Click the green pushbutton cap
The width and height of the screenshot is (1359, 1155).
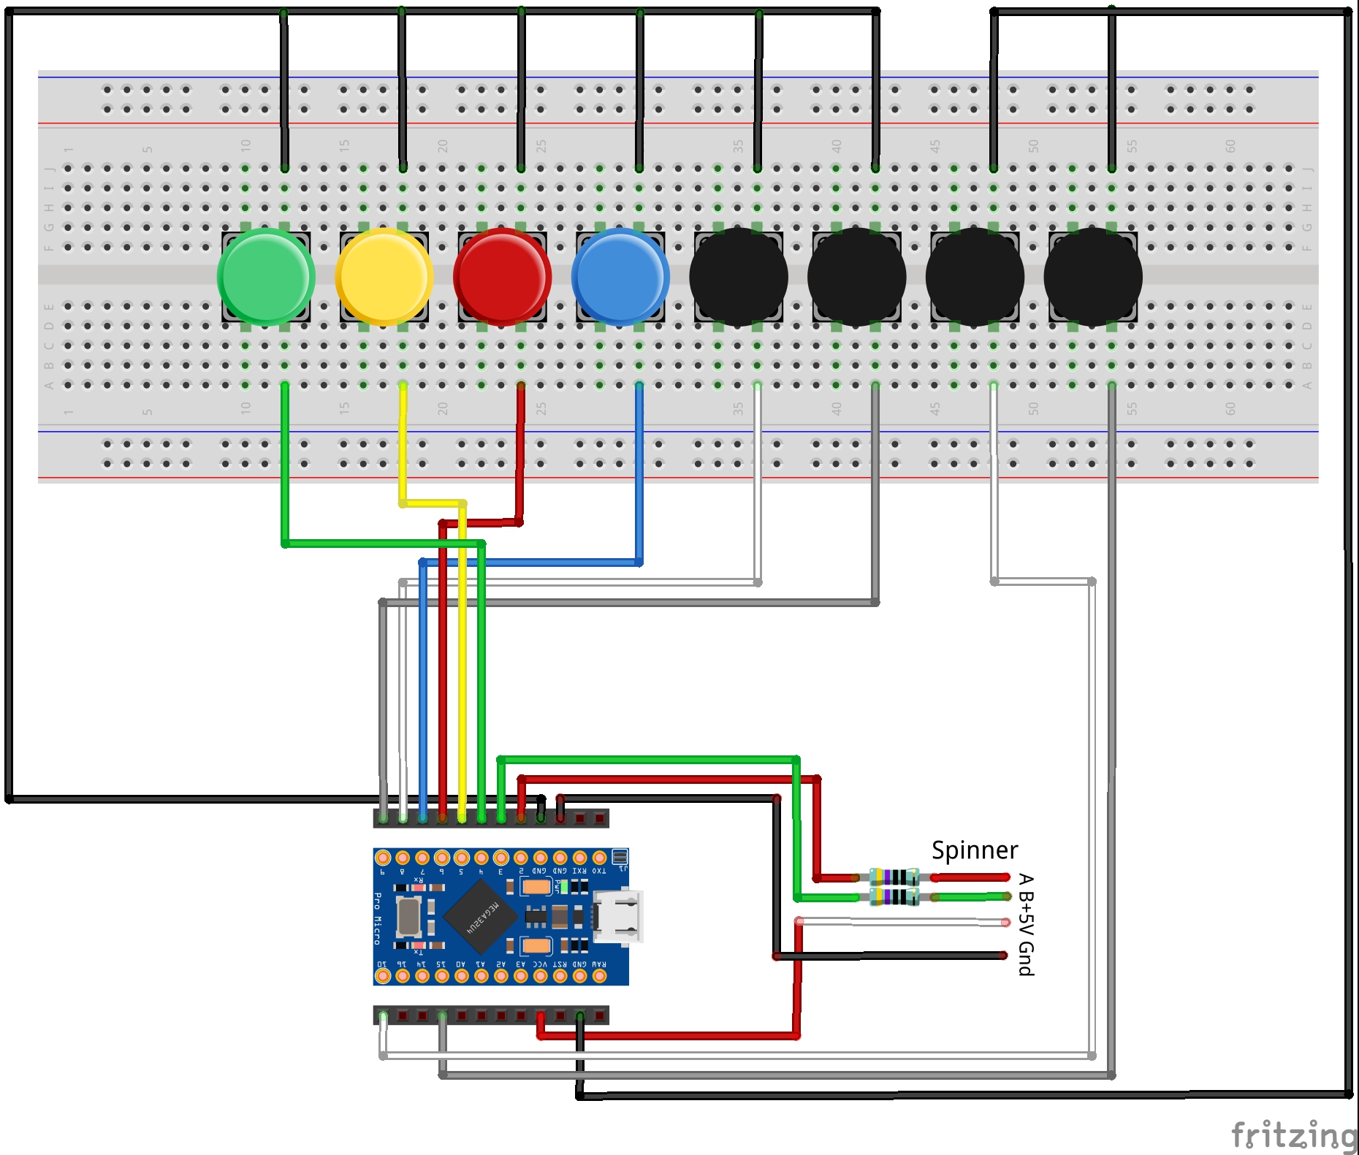coord(266,276)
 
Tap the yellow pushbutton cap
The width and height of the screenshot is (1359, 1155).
coord(384,276)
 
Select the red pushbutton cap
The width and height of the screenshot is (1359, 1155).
coord(503,276)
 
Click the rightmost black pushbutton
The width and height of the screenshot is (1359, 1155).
coord(1093,276)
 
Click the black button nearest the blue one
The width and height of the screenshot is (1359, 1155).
coord(739,276)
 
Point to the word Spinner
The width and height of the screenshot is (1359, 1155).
coord(974,850)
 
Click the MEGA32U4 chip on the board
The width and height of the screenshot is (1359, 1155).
coord(480,916)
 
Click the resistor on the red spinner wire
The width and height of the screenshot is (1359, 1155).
coord(894,877)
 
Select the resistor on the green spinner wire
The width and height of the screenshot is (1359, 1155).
coord(894,896)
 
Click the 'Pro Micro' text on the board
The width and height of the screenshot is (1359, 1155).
coord(378,918)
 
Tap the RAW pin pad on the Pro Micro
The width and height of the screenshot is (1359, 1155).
coord(599,976)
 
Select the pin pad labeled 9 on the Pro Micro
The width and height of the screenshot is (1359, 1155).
coord(383,858)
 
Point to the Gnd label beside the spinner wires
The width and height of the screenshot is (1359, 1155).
coord(1026,958)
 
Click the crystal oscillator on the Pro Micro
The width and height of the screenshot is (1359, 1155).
coord(408,916)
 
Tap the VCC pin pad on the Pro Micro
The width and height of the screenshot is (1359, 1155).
coord(540,976)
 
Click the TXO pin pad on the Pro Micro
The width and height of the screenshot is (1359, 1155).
coord(599,858)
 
